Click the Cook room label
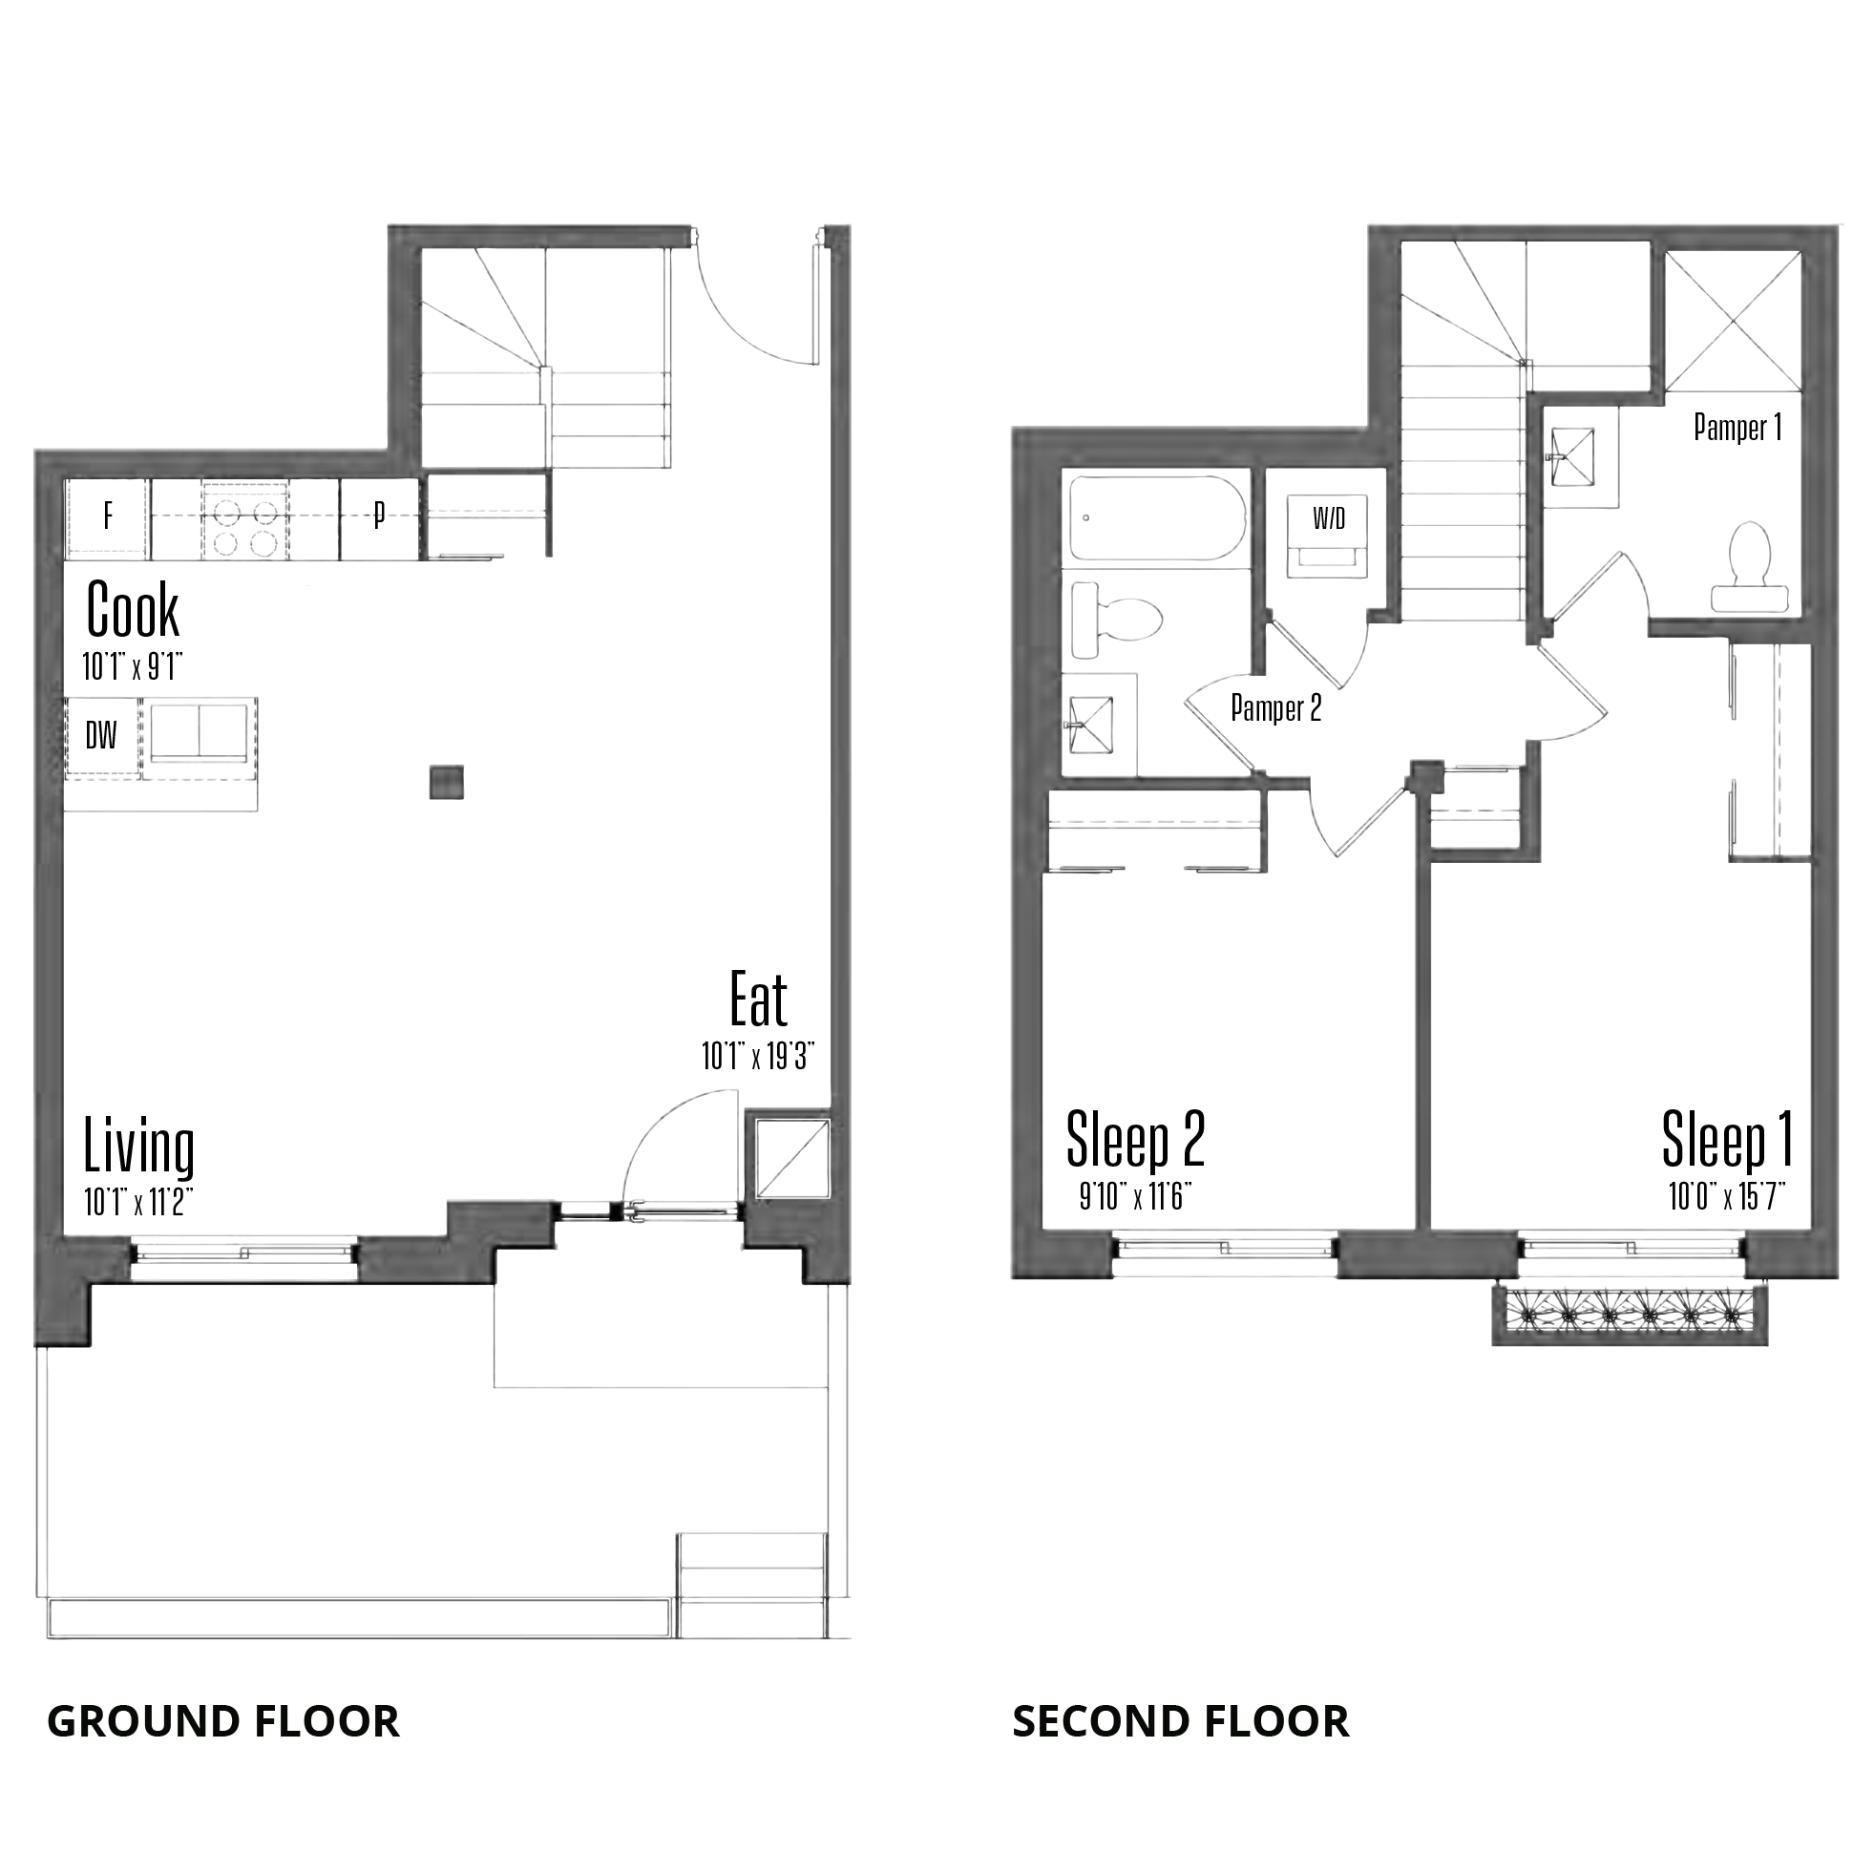click(133, 609)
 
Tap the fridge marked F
click(108, 518)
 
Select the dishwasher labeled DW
click(102, 737)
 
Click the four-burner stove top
click(243, 518)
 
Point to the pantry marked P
click(379, 518)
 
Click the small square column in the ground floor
click(446, 783)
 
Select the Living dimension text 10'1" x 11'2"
click(138, 1203)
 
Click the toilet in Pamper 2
click(1116, 620)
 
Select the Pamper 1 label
click(1737, 427)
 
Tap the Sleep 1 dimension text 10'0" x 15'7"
click(1728, 1197)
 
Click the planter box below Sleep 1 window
click(1630, 1316)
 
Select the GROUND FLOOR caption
click(223, 1722)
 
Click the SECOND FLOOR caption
click(1181, 1722)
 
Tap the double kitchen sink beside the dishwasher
click(199, 734)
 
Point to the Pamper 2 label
click(1275, 708)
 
